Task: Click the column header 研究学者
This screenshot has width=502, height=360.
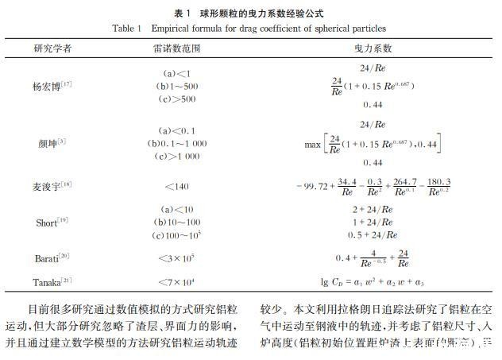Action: click(x=52, y=48)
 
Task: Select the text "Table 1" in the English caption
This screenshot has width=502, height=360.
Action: click(x=125, y=29)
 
